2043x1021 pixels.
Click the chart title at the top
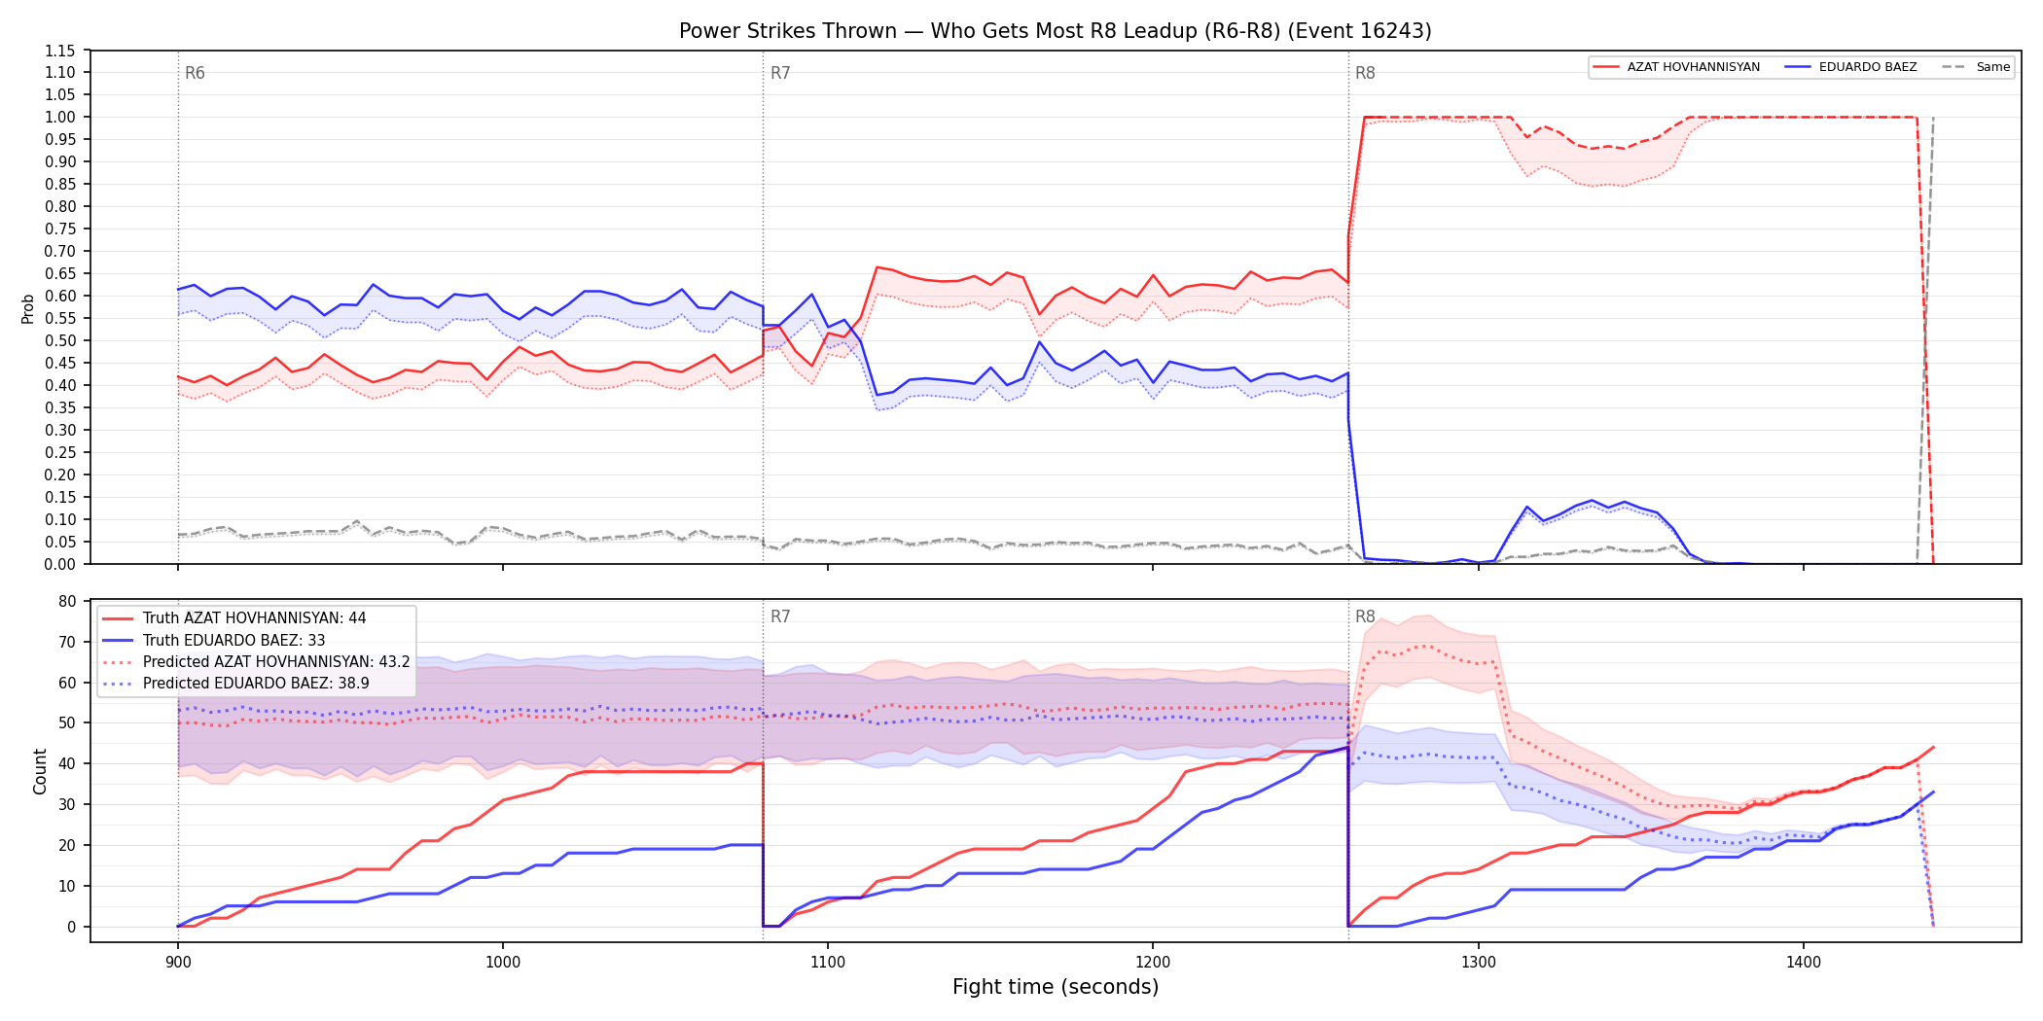(1055, 31)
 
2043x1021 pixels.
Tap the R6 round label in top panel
(195, 73)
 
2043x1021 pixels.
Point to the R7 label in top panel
(780, 73)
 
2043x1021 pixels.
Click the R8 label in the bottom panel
(1365, 616)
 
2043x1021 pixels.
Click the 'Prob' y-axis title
(28, 308)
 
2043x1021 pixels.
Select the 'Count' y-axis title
(40, 771)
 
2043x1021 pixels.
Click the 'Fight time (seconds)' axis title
(1056, 987)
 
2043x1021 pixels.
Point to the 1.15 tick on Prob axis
(60, 51)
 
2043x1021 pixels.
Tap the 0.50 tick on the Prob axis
(60, 340)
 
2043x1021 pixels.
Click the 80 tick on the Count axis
(67, 601)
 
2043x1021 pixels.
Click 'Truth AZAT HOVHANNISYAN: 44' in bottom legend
(255, 618)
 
